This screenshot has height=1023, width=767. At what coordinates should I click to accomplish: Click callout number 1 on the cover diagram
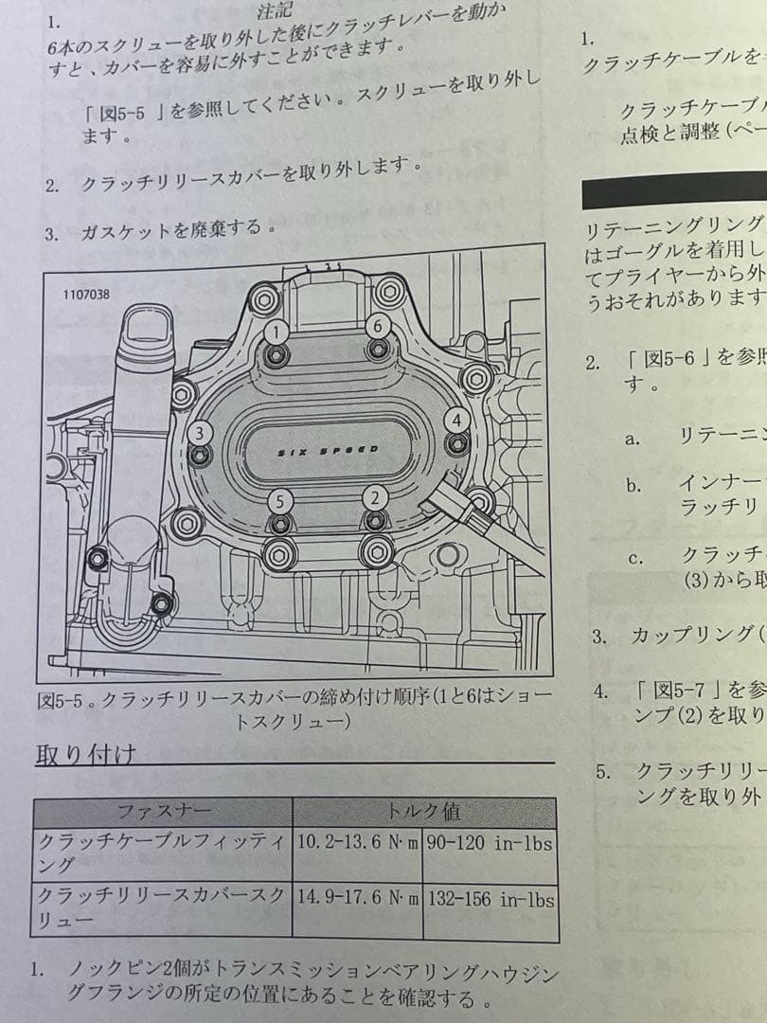[x=276, y=331]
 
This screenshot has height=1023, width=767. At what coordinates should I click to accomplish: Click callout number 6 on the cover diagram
[x=378, y=325]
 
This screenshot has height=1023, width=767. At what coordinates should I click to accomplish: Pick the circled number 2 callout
[x=376, y=496]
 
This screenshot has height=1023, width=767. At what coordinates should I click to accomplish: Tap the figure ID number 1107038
[x=86, y=295]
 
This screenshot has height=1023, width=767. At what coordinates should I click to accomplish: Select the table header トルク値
[x=424, y=812]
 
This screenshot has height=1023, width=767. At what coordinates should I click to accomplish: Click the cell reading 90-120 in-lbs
[x=490, y=843]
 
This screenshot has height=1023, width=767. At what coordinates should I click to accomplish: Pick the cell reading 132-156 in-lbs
[x=491, y=898]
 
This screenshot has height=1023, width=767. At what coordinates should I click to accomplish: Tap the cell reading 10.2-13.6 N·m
[x=357, y=843]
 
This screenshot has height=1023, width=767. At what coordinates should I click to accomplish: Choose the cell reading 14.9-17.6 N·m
[x=357, y=898]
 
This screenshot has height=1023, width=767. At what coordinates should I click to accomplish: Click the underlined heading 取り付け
[x=86, y=755]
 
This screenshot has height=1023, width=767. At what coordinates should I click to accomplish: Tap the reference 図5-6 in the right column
[x=664, y=358]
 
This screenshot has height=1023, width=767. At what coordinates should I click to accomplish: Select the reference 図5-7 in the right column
[x=664, y=689]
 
